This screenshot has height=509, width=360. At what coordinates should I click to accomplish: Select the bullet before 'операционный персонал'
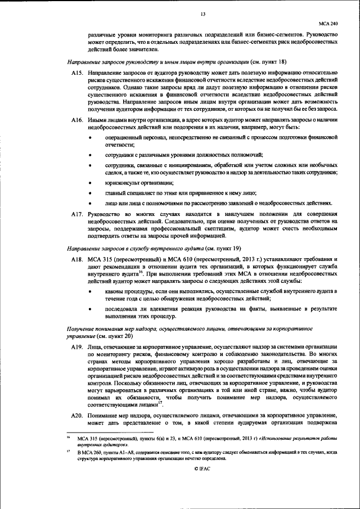pos(92,137)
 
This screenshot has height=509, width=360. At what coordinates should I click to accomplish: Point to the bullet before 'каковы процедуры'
pos(92,291)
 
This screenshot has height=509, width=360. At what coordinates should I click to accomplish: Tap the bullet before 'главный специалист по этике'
pos(92,193)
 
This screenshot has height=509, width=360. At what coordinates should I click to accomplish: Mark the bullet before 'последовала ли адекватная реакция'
pos(92,309)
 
